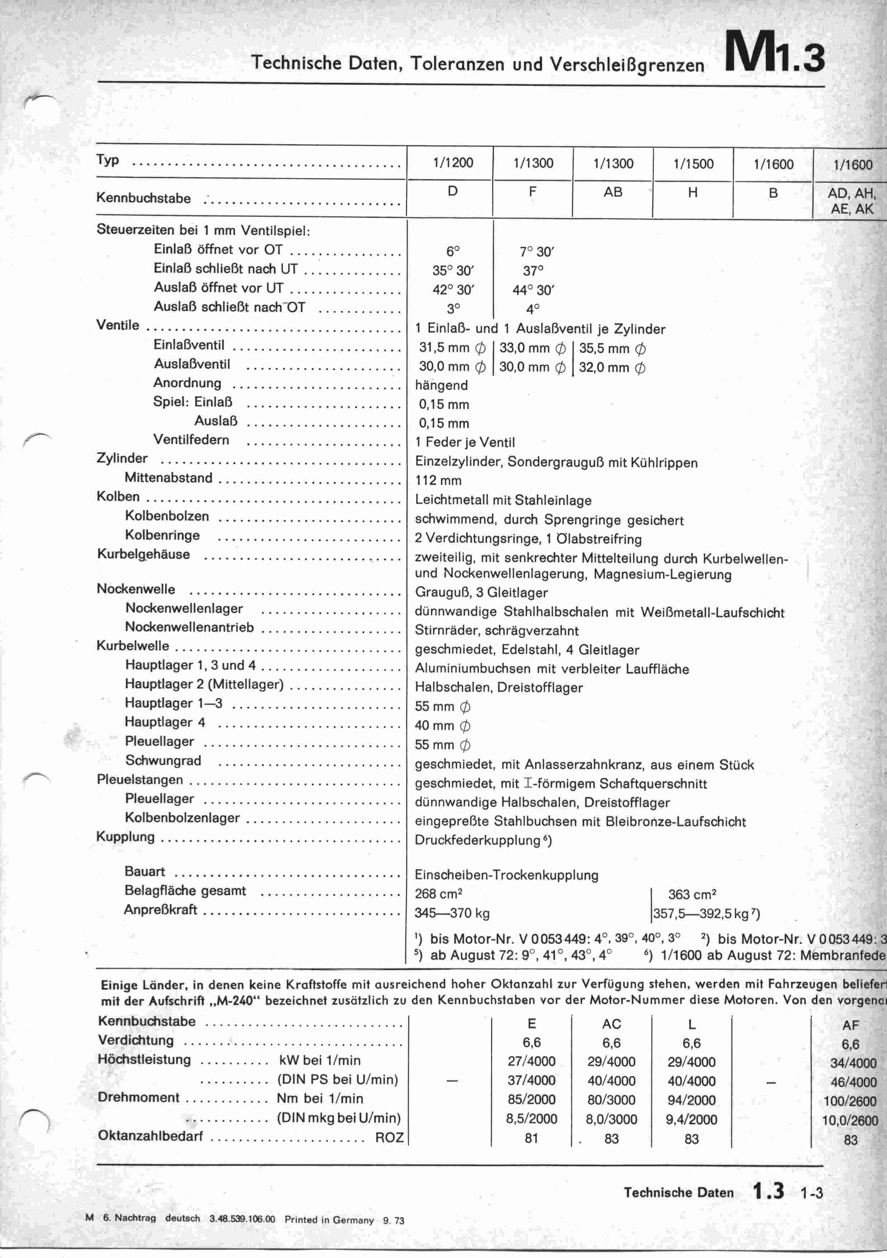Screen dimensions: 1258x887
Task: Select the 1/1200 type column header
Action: tap(453, 163)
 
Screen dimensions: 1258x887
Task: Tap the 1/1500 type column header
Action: tap(693, 164)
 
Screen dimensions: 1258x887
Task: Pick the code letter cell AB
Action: tap(613, 192)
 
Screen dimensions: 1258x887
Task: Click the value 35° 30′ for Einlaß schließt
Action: tap(453, 271)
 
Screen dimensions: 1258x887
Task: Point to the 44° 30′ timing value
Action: tap(533, 291)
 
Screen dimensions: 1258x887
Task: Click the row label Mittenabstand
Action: tap(168, 478)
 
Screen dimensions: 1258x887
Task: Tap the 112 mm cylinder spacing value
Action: tap(438, 481)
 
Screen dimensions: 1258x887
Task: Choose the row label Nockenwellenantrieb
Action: tap(189, 627)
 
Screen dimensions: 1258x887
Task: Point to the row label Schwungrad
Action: tap(163, 760)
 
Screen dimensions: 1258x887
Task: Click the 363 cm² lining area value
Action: tap(692, 895)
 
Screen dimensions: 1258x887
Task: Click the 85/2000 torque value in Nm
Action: tap(531, 1100)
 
